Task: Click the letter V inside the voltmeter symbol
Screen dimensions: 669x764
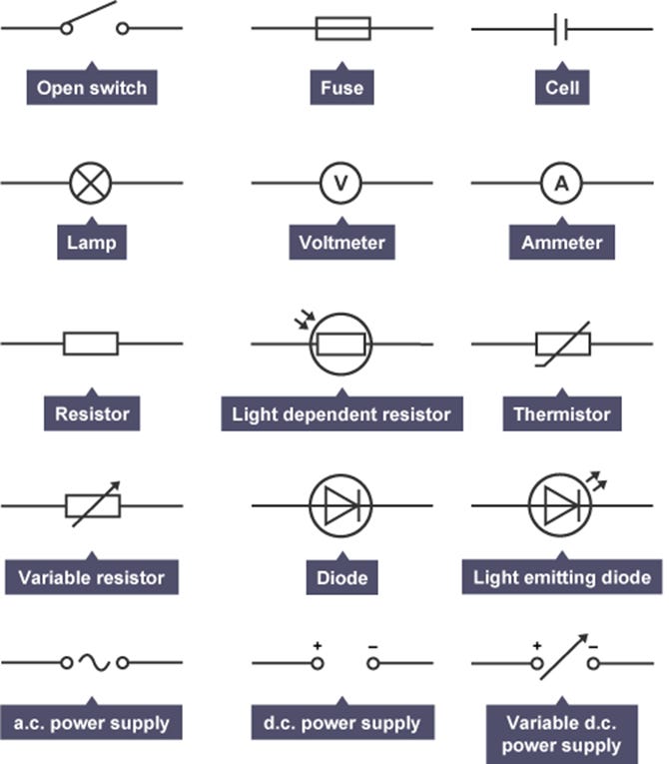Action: (x=340, y=183)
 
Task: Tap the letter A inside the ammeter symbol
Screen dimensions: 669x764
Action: (x=561, y=183)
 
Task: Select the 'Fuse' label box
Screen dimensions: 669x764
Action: (x=341, y=88)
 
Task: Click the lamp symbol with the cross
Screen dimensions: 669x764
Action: (x=91, y=183)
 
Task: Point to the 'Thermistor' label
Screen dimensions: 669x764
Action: (x=561, y=413)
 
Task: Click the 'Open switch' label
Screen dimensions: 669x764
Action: (x=92, y=88)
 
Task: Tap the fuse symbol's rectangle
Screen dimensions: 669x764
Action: (x=342, y=28)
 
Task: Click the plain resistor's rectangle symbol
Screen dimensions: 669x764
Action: (x=91, y=344)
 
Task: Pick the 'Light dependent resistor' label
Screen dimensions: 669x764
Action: (x=341, y=413)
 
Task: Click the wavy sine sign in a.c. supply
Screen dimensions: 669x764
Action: (x=94, y=661)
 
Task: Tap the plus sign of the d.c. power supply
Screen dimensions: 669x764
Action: (x=318, y=646)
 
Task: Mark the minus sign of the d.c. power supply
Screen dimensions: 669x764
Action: (x=371, y=646)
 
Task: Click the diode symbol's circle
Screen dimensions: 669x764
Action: (x=340, y=505)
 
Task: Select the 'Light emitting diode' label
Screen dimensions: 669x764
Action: (x=562, y=577)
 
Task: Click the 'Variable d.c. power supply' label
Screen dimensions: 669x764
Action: (x=561, y=734)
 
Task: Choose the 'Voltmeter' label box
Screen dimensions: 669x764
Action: (x=341, y=242)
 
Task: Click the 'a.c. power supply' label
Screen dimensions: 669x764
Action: (x=92, y=723)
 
